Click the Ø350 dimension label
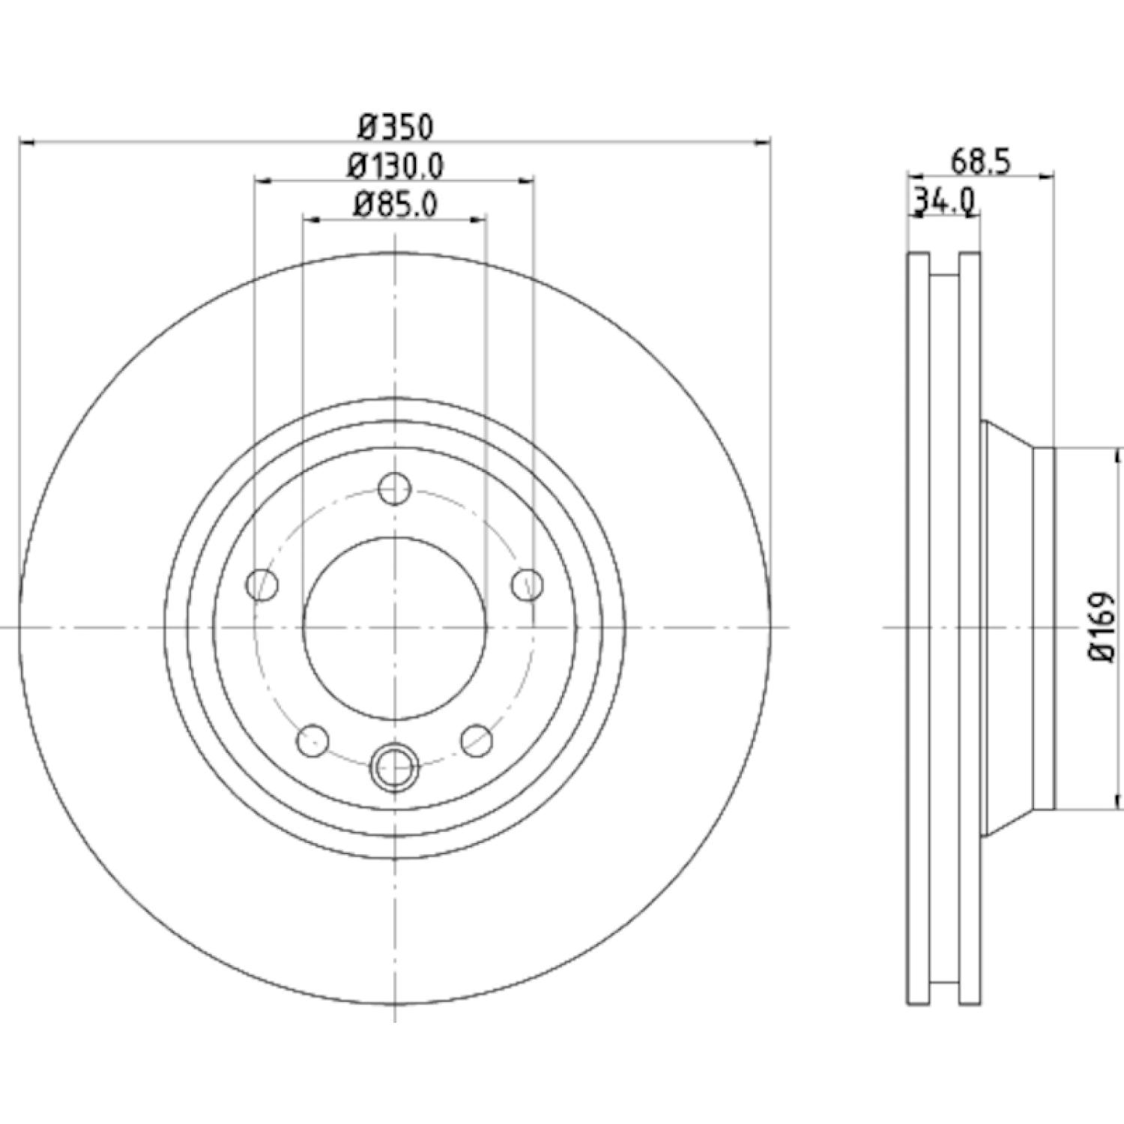click(x=395, y=127)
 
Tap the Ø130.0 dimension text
click(x=395, y=166)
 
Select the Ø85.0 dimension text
click(x=395, y=204)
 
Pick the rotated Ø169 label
click(x=1102, y=627)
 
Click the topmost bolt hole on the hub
click(x=394, y=490)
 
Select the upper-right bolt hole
click(x=528, y=584)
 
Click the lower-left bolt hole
click(x=313, y=741)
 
